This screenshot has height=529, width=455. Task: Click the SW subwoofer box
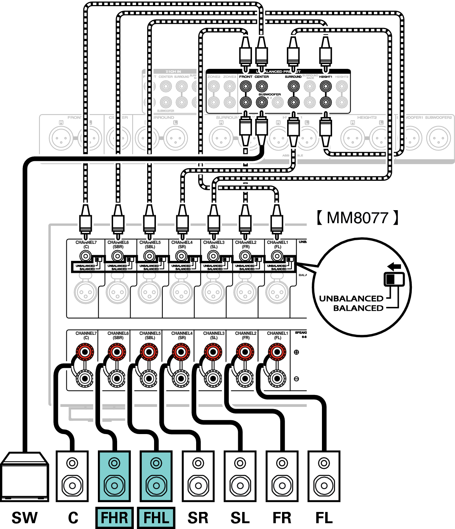click(24, 476)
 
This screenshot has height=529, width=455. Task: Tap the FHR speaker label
click(115, 518)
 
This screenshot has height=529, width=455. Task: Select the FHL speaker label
click(156, 518)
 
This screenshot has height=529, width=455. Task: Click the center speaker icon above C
click(72, 476)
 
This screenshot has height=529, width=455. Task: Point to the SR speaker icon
click(198, 476)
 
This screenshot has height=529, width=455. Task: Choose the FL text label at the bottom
click(324, 518)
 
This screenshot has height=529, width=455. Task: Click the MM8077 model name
click(357, 218)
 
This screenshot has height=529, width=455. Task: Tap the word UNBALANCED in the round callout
click(351, 299)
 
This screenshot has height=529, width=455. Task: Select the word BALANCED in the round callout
click(358, 308)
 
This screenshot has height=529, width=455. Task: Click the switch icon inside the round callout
click(394, 279)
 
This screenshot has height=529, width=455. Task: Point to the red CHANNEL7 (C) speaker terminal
click(85, 352)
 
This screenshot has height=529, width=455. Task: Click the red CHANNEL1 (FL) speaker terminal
click(277, 352)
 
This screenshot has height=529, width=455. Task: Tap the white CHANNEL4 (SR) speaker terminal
click(181, 379)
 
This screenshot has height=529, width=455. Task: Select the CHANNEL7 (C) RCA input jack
click(86, 256)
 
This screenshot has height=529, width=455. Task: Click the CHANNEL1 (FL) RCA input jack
click(277, 256)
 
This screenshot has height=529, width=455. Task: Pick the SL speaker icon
click(240, 476)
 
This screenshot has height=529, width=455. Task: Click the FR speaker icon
click(282, 476)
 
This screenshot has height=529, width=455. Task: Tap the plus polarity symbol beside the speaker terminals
click(296, 352)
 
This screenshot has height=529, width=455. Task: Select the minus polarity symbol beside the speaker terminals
click(296, 379)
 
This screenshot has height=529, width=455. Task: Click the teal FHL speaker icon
click(156, 476)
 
